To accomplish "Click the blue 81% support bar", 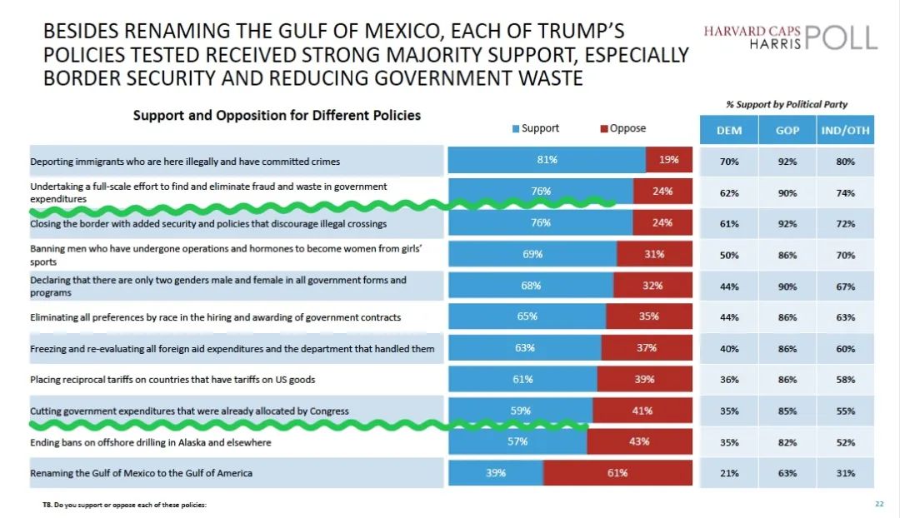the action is [547, 160].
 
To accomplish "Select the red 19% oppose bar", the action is [669, 160].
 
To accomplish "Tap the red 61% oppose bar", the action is [617, 473].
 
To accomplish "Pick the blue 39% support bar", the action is [496, 473].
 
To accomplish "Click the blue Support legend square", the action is [516, 128].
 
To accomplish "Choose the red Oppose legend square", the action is [604, 128].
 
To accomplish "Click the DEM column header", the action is [729, 130].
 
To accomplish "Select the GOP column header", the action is [787, 130].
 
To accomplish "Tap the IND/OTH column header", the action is [846, 130].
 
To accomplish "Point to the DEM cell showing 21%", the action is [729, 473].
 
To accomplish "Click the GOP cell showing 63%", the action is [787, 473].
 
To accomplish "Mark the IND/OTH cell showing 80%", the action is [846, 162].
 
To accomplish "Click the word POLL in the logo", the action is [842, 37].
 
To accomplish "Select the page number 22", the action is [879, 504].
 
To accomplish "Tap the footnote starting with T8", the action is [124, 505].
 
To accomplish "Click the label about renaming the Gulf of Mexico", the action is [141, 473].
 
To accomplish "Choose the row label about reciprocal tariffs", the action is [172, 380].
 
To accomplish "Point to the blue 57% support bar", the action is [517, 441].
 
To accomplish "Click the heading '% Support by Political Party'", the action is [787, 104].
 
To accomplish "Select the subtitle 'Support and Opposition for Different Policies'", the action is [277, 115].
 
